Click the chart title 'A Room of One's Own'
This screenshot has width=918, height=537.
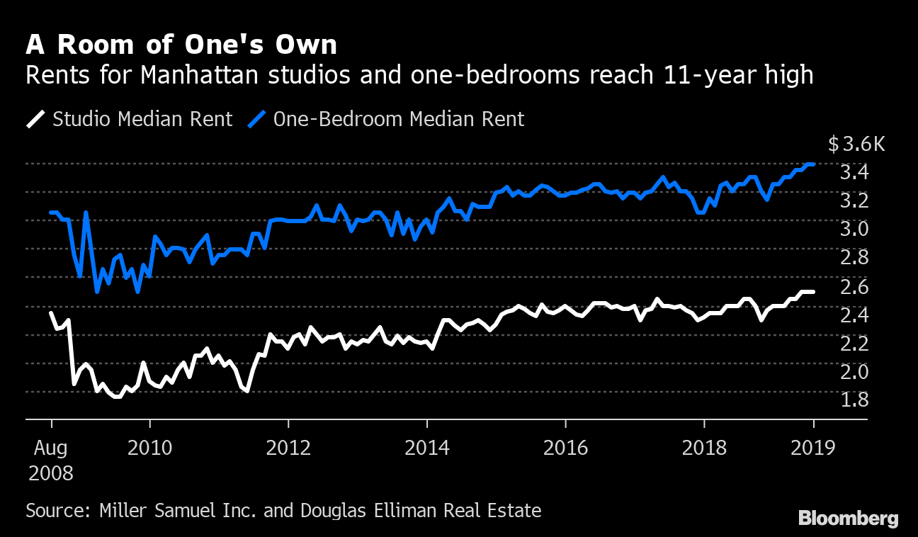tap(181, 45)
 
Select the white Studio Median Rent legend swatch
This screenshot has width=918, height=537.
tap(37, 119)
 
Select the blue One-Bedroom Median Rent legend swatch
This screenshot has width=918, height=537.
tap(257, 119)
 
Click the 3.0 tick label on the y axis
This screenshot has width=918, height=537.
tap(854, 229)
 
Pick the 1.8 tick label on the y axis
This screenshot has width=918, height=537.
tap(854, 400)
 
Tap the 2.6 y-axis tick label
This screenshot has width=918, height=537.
tap(854, 286)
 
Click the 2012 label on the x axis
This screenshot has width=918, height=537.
tap(288, 448)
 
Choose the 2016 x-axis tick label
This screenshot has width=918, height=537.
tap(565, 448)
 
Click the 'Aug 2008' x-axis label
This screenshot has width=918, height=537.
tap(51, 460)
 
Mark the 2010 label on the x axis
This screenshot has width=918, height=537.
tap(149, 448)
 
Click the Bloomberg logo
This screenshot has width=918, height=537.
tap(848, 519)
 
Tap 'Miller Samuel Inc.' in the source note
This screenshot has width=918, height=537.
tap(178, 510)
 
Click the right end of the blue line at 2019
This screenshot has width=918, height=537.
tap(814, 164)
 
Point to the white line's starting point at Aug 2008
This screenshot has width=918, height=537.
tap(51, 313)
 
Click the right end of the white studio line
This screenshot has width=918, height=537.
tap(813, 292)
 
